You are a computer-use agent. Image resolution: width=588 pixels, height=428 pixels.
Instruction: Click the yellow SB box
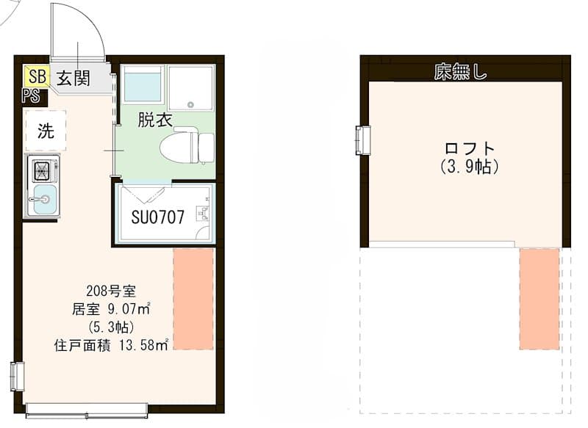point(37,76)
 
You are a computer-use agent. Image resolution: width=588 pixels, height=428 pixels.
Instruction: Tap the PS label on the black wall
point(31,96)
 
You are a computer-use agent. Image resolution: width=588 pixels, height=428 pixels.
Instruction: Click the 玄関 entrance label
point(73,78)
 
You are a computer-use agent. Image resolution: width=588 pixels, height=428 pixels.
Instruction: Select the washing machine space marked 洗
point(46,131)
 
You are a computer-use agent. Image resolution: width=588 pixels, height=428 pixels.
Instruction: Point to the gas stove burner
point(42,171)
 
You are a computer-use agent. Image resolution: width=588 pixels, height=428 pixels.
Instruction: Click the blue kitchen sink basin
point(45,199)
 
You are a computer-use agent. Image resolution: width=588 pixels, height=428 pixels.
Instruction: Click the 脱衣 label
point(155,120)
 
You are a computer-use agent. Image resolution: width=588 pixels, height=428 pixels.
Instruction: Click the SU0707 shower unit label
point(158,217)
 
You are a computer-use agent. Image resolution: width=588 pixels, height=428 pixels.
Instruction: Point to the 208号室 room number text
point(111,290)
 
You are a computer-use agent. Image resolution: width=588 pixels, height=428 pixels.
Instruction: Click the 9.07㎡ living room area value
point(129,309)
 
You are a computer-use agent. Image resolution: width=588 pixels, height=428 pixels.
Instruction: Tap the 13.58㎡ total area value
point(143,345)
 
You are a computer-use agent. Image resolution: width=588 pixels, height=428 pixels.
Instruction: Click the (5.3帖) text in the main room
point(112,327)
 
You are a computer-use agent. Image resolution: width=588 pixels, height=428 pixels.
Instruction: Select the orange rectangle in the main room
point(193,299)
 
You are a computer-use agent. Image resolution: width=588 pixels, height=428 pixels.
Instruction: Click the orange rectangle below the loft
point(539,300)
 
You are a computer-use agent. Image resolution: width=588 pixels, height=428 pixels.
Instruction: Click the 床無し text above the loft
point(461,71)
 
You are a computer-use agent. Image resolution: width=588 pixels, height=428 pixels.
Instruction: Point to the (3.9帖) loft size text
point(470,166)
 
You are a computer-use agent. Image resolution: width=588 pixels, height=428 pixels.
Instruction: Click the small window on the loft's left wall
point(363,140)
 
